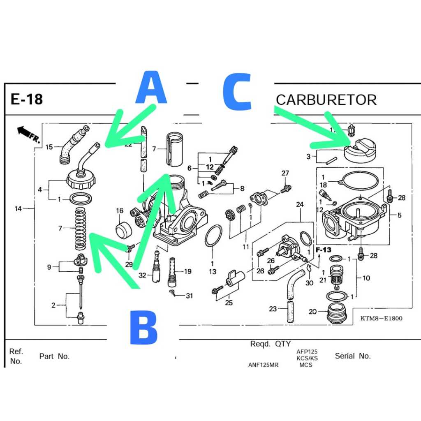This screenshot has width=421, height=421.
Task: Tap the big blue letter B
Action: pyautogui.click(x=143, y=327)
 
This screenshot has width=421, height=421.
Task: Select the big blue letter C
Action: pyautogui.click(x=237, y=92)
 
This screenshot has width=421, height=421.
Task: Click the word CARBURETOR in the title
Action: pyautogui.click(x=326, y=99)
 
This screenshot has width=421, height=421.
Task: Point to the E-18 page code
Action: pyautogui.click(x=27, y=99)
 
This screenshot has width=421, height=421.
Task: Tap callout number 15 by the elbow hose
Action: pyautogui.click(x=49, y=147)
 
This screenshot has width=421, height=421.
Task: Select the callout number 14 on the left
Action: pyautogui.click(x=18, y=208)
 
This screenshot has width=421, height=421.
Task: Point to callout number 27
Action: pyautogui.click(x=285, y=173)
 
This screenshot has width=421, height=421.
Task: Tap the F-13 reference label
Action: pyautogui.click(x=324, y=250)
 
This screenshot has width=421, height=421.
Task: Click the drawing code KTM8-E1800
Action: pyautogui.click(x=381, y=318)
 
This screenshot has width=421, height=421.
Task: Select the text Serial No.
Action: pyautogui.click(x=353, y=356)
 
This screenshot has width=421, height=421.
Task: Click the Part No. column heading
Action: pyautogui.click(x=54, y=356)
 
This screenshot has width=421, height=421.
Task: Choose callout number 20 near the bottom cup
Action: pyautogui.click(x=312, y=312)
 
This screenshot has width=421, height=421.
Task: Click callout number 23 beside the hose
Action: pyautogui.click(x=273, y=309)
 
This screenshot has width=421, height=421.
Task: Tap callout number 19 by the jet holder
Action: pyautogui.click(x=187, y=271)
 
